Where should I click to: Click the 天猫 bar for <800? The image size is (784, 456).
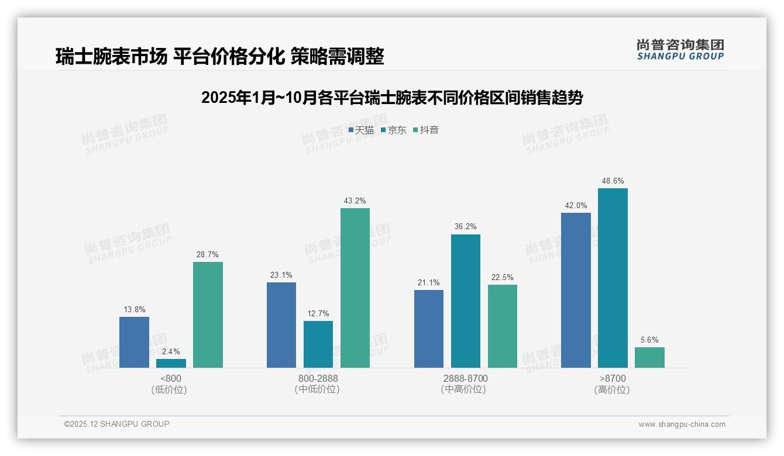pos(134,342)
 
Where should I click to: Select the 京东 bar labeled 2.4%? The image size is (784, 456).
pos(171,363)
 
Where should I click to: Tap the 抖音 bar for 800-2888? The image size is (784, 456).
pos(355,288)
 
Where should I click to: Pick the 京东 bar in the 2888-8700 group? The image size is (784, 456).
pos(466,301)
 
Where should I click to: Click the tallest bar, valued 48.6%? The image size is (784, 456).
pos(613,278)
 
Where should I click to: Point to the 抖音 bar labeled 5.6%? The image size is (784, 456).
pos(649,357)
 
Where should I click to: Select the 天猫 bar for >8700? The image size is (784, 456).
pos(576,290)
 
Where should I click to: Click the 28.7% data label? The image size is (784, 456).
pos(208,255)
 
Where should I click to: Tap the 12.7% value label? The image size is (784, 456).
pos(318,314)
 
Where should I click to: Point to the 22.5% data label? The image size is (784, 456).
pos(503,278)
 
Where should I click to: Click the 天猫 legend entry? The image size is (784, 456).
pos(361,130)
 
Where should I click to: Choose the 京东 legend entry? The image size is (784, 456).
pos(393,130)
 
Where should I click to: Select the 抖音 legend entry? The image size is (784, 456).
pos(426,130)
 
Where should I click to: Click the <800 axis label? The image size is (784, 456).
pos(171,378)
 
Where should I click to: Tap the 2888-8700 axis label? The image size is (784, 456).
pos(466,378)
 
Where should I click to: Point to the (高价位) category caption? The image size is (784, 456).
pos(612,389)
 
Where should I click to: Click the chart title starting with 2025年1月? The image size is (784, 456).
pos(392,98)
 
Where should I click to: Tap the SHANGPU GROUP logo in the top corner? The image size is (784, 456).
pos(680,50)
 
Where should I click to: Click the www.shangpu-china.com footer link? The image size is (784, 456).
pos(682,424)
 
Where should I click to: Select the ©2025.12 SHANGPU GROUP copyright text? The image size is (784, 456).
pos(117,424)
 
